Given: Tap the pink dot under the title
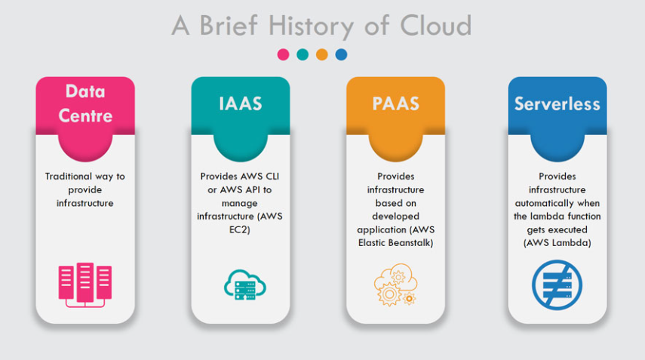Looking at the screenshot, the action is pyautogui.click(x=284, y=54).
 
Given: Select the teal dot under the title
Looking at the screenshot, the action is pyautogui.click(x=303, y=54).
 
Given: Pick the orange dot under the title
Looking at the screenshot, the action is pyautogui.click(x=322, y=54).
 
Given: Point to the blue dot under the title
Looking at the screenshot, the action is pyautogui.click(x=341, y=54).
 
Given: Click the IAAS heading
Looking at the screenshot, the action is pyautogui.click(x=240, y=103).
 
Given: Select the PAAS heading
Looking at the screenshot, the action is pyautogui.click(x=395, y=103).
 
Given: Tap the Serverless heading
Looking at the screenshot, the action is pyautogui.click(x=557, y=103).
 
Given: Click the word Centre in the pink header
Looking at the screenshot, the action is pyautogui.click(x=85, y=115).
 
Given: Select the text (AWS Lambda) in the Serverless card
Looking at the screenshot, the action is pyautogui.click(x=557, y=244).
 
